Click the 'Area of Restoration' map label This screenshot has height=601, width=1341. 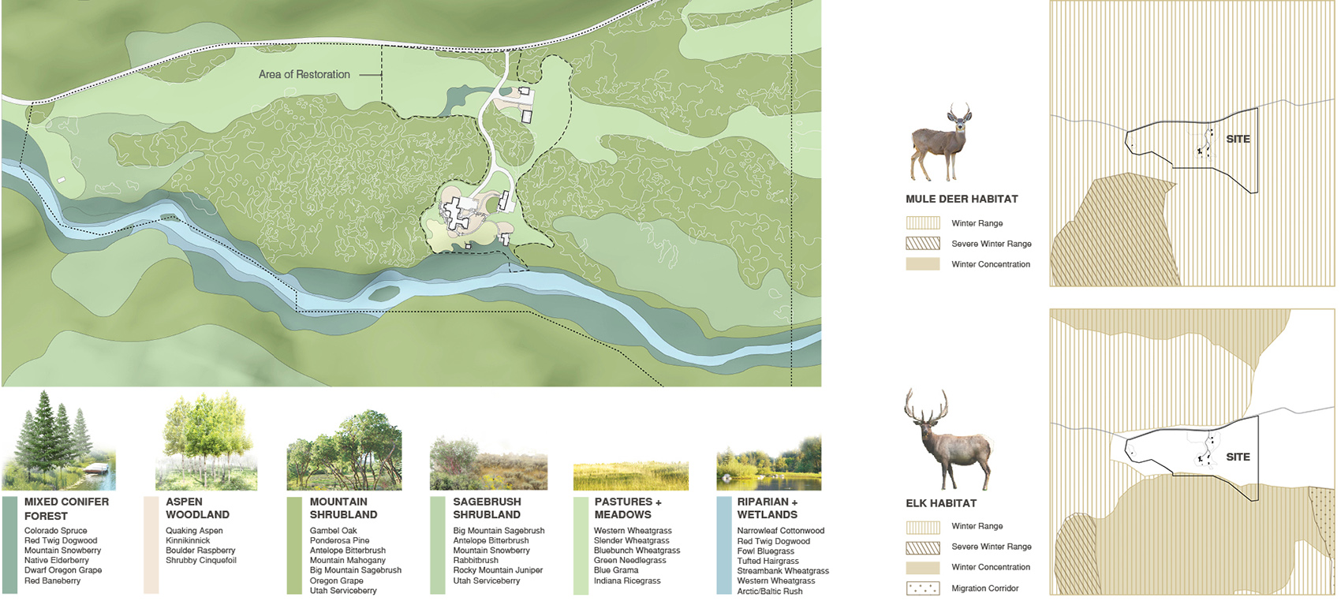pos(304,74)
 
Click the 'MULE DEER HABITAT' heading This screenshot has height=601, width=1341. pos(962,199)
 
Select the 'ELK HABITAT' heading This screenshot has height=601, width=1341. pos(941,503)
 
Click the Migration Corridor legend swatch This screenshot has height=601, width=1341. pos(923,588)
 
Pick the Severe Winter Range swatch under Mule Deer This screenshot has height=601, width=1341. pos(923,244)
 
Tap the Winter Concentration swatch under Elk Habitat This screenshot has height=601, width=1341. pos(923,568)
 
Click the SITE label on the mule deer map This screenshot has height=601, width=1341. pos(1238,139)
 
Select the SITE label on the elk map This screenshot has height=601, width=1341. pos(1238,457)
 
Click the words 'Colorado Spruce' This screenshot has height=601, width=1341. pos(55,531)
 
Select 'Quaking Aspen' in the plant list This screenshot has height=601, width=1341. pos(194,531)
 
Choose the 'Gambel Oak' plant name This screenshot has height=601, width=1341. pos(333,531)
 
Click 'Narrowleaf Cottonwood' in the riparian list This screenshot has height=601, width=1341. pos(780,531)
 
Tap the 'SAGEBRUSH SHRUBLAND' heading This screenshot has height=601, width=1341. pos(487,508)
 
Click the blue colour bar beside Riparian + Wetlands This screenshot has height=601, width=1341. pos(723,545)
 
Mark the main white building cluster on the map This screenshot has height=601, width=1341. pos(456,213)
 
